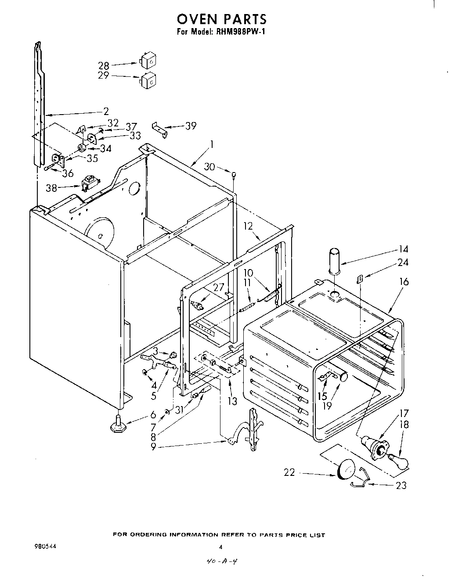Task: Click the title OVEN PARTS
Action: point(221,19)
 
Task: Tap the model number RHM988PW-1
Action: point(237,32)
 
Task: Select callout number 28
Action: point(104,66)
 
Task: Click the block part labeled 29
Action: point(148,80)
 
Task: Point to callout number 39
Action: point(191,126)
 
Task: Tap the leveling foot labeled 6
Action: point(118,424)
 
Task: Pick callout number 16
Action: point(404,281)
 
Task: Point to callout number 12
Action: point(248,226)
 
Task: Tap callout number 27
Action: point(218,288)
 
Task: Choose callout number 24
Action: point(403,263)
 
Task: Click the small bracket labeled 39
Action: point(160,129)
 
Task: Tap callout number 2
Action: point(106,111)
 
